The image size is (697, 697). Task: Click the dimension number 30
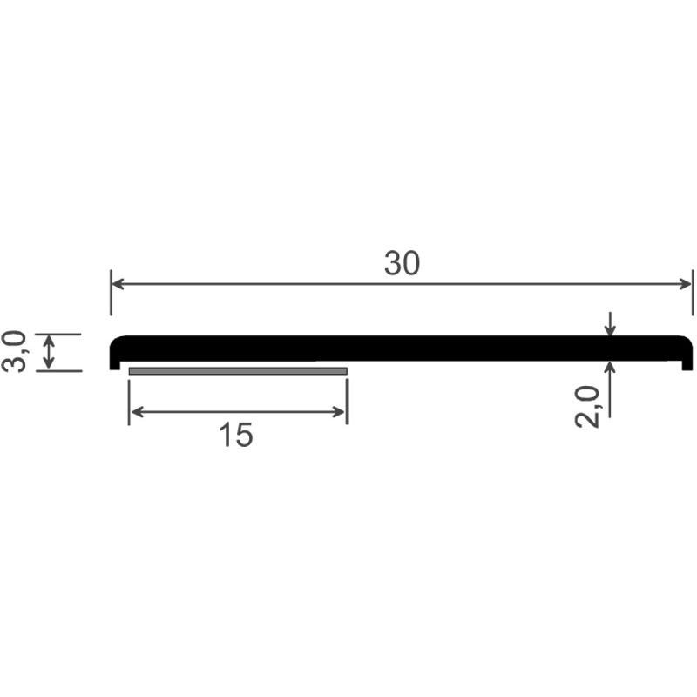coord(402,263)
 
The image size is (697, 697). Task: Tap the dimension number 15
coord(235,435)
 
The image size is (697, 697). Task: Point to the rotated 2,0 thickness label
coord(587,406)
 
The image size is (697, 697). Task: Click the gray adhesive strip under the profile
coord(238,371)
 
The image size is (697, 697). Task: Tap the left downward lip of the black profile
coord(115,364)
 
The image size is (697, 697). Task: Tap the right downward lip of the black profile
coord(687,364)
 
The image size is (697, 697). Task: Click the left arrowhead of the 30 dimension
coord(117,284)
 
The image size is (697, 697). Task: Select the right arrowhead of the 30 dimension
coord(686,284)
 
